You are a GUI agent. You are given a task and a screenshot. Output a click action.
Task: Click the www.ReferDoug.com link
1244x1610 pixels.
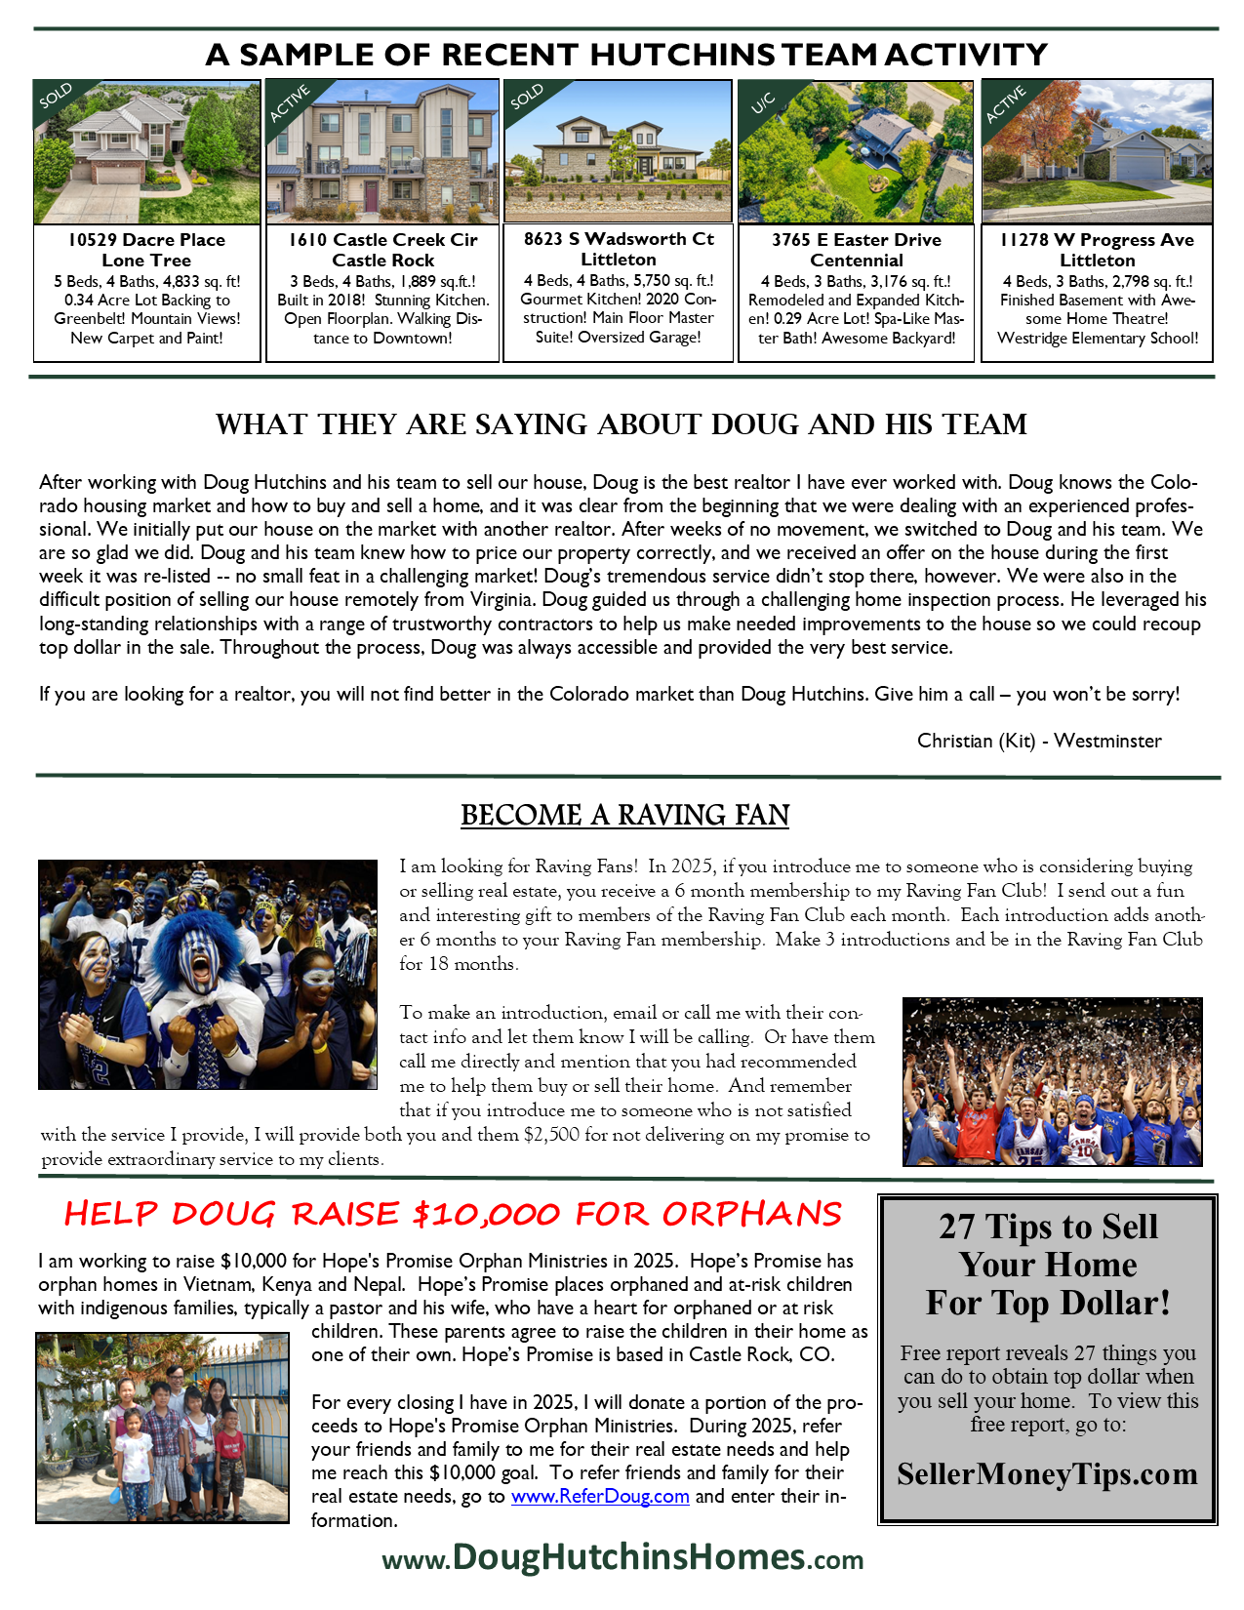click(x=600, y=1496)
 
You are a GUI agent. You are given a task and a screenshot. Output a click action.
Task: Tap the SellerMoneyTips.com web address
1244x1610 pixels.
click(x=1047, y=1473)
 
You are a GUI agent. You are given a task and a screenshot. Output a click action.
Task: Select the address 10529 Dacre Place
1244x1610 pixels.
click(x=146, y=240)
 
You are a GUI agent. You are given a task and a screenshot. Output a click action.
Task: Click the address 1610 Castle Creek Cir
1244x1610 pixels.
click(x=382, y=240)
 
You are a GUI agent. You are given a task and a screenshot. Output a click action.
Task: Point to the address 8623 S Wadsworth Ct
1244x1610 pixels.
click(x=619, y=239)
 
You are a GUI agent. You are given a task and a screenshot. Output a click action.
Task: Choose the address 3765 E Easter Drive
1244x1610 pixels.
click(x=856, y=240)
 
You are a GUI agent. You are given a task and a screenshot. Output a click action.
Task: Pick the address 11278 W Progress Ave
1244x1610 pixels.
click(x=1097, y=240)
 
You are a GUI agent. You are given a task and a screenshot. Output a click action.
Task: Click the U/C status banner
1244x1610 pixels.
click(x=764, y=101)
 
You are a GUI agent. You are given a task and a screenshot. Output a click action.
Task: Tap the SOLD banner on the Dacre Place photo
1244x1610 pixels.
click(x=57, y=97)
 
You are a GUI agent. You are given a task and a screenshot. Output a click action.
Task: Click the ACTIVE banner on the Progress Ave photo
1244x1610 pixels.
click(x=1005, y=104)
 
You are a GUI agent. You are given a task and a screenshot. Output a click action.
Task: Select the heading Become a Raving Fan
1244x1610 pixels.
click(x=624, y=815)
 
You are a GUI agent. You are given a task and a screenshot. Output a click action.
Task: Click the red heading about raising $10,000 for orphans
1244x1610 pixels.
click(x=452, y=1214)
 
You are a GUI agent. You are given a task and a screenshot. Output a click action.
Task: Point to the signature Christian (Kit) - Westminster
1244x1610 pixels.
click(x=1039, y=741)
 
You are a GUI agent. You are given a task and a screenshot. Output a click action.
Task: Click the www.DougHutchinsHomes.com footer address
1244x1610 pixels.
click(x=622, y=1557)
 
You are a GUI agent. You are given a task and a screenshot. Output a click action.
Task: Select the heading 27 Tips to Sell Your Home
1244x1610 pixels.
click(x=1048, y=1265)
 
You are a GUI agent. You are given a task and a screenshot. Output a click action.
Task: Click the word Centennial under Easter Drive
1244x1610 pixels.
click(x=856, y=261)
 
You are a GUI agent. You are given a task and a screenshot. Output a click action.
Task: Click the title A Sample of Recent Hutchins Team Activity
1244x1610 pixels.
click(x=625, y=55)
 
